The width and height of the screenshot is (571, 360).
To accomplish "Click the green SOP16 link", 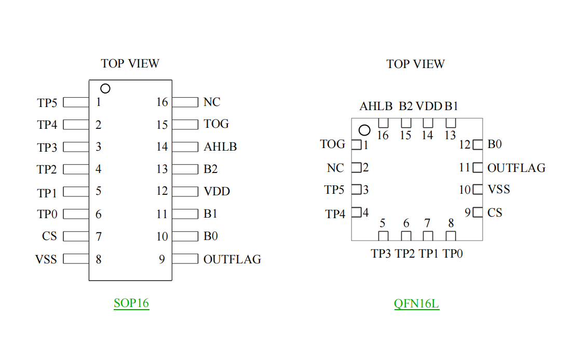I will coord(131,303).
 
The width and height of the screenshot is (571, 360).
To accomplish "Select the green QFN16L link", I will coord(416,303).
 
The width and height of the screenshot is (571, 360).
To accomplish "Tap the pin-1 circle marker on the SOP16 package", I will coord(105,88).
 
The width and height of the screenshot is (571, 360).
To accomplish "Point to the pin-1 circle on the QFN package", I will coord(365,130).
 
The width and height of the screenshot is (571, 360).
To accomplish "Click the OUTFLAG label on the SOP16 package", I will coord(232,259).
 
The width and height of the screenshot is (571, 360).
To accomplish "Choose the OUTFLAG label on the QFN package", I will coord(516,168).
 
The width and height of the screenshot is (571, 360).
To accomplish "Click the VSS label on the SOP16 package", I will coord(46,259).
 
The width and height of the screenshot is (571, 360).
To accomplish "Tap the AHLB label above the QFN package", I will coord(376,106).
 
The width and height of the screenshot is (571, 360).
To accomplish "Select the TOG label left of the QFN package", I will coord(333,144).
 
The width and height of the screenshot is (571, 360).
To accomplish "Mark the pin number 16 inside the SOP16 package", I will coord(162,102).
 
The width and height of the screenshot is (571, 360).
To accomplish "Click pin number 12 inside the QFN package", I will coord(465,145).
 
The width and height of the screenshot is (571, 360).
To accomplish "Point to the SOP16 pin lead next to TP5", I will coord(76,102).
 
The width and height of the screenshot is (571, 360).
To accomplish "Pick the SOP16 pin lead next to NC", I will coord(185,102).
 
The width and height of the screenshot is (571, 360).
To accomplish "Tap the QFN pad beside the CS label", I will coord(478,212).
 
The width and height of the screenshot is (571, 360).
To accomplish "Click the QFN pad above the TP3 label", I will coord(383,236).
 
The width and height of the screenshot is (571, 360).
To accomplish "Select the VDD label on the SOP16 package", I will coord(217,191).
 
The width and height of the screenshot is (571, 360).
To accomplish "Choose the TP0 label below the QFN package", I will coord(452,254).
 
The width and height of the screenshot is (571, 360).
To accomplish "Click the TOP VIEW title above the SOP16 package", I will coord(130,63).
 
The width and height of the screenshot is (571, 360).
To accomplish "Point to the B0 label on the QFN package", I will coord(495,144).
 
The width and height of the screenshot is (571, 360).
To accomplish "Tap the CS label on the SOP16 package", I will coord(49,236).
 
